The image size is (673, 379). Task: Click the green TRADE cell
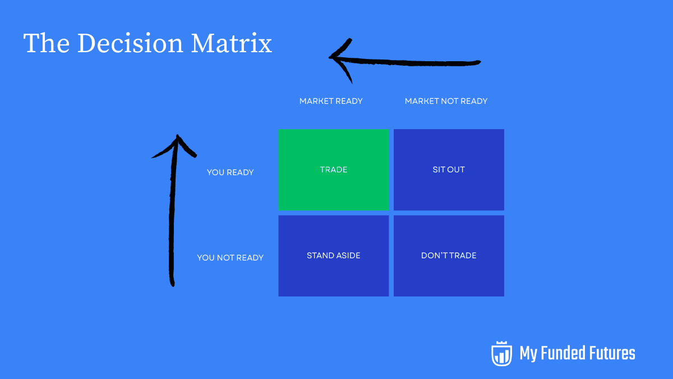click(333, 170)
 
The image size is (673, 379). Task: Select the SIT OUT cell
click(449, 170)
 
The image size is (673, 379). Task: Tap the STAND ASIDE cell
click(333, 255)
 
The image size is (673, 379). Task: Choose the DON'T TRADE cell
click(449, 255)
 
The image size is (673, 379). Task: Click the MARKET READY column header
click(331, 101)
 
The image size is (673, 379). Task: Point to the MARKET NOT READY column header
click(446, 101)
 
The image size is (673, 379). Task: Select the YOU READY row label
click(230, 172)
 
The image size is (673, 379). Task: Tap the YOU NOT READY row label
click(230, 258)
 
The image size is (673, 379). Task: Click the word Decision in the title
click(131, 44)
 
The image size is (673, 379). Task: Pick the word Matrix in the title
click(232, 44)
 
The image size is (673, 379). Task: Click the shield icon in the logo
click(501, 353)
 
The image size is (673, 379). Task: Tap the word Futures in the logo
click(614, 353)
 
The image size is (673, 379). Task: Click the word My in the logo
click(529, 354)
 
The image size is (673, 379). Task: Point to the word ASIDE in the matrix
click(348, 255)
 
